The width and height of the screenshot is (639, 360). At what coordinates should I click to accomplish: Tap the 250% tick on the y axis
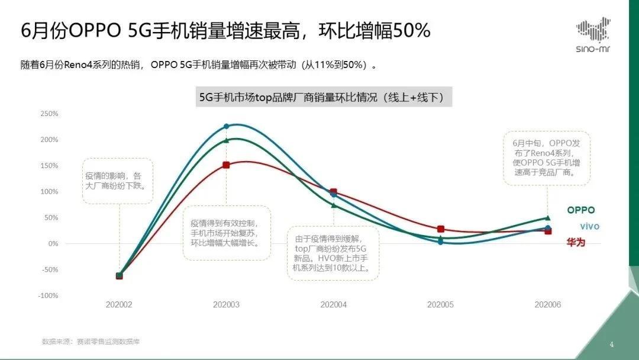(49, 114)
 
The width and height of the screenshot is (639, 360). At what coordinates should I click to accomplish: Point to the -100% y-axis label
(49, 295)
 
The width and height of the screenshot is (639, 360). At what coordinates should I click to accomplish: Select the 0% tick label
(53, 243)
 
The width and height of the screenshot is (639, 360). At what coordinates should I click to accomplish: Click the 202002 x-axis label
(119, 304)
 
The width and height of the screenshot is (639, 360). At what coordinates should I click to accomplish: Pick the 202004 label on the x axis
(334, 304)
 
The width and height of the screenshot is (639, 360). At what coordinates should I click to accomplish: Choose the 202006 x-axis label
(548, 304)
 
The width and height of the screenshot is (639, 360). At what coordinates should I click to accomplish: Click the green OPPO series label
(581, 210)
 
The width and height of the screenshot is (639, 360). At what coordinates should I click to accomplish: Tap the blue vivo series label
(589, 227)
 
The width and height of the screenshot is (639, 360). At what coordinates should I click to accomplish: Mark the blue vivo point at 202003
(226, 126)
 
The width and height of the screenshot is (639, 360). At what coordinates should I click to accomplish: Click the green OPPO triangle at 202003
(226, 140)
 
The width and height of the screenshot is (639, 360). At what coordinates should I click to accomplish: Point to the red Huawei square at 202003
(226, 165)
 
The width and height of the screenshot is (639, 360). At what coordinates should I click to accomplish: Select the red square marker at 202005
(441, 229)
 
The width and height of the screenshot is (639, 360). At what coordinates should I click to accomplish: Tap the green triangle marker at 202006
(548, 218)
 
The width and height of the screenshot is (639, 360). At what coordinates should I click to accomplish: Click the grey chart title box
(325, 97)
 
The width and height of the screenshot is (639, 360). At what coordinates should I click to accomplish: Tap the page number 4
(612, 344)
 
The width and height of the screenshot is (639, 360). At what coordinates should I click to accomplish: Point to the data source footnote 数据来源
(91, 342)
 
